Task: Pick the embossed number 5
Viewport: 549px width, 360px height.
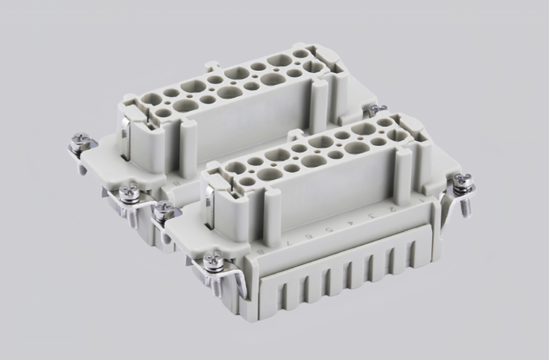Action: pos(330,228)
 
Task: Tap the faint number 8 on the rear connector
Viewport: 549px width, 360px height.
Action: pos(176,182)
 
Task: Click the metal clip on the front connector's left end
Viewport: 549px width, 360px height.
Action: pos(210,206)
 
